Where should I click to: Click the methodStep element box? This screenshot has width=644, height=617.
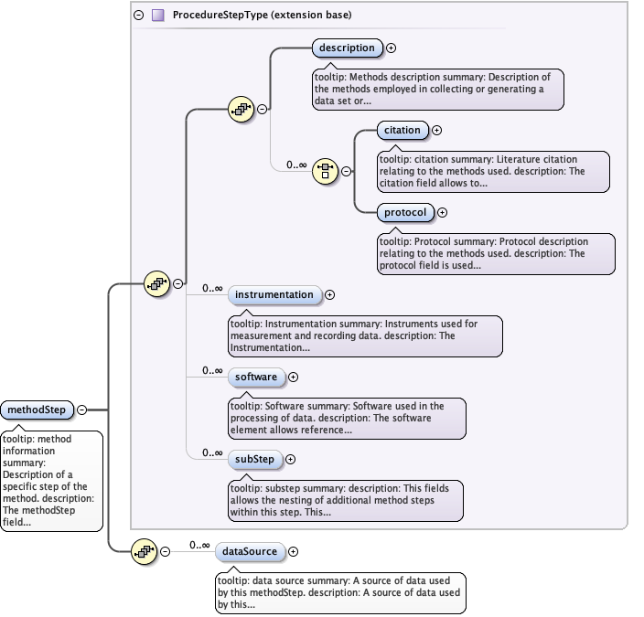(x=37, y=410)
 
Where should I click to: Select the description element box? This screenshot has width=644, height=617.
(x=347, y=48)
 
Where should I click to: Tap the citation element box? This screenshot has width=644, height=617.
(x=402, y=131)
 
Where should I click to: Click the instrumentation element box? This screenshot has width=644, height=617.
(x=274, y=294)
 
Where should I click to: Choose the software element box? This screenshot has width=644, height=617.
(x=255, y=377)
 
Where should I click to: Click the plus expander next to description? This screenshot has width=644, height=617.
(x=392, y=48)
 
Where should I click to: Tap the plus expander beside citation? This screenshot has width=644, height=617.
(x=436, y=131)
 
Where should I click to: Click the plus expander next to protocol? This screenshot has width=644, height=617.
(x=442, y=212)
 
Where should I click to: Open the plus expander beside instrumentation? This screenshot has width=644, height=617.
(x=329, y=294)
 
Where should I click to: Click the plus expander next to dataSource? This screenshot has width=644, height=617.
(x=294, y=551)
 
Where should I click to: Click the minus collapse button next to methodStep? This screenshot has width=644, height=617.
(x=82, y=410)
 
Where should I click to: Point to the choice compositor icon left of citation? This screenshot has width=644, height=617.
(x=325, y=170)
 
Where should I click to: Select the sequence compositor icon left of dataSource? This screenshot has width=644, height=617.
(x=145, y=551)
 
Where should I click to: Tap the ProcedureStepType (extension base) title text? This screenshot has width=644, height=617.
(x=262, y=16)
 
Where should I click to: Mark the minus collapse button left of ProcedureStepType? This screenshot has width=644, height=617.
(x=139, y=16)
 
